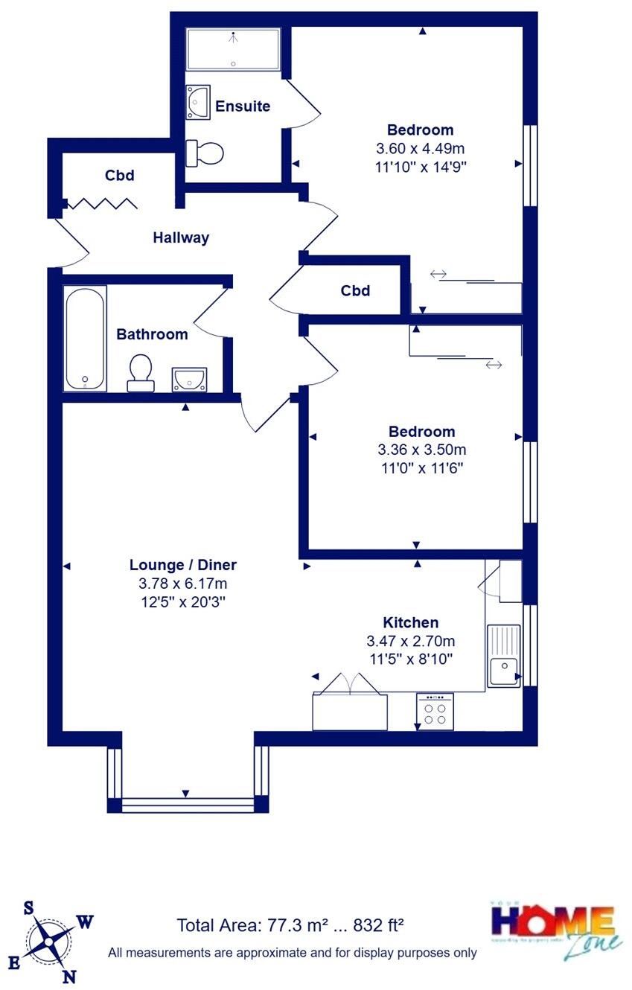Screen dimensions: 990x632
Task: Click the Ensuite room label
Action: point(243,106)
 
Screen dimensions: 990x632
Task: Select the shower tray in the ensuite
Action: point(233,49)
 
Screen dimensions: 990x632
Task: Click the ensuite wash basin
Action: point(198,102)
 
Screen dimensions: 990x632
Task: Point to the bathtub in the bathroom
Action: point(85,338)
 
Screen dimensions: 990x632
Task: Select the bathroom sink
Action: point(191,379)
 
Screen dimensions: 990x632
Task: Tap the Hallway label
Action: point(181,238)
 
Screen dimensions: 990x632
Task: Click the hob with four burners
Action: point(435,711)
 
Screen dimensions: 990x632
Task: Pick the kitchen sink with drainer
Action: point(504,655)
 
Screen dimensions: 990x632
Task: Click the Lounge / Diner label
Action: point(183,565)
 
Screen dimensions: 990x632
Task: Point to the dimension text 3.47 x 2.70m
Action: point(410,641)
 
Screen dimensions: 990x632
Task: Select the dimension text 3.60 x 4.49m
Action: point(421,148)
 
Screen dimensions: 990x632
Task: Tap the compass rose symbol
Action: point(49,942)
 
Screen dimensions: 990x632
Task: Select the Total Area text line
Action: point(290,925)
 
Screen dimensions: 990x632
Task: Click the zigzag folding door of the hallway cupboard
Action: point(101,202)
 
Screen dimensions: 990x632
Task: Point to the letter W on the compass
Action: point(86,922)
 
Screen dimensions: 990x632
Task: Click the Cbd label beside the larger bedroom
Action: point(355,291)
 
